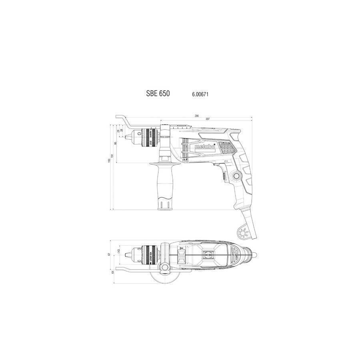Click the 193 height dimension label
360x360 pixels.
[x=109, y=160]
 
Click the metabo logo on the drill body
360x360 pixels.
[x=205, y=147]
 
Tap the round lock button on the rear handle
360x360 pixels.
[x=236, y=176]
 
